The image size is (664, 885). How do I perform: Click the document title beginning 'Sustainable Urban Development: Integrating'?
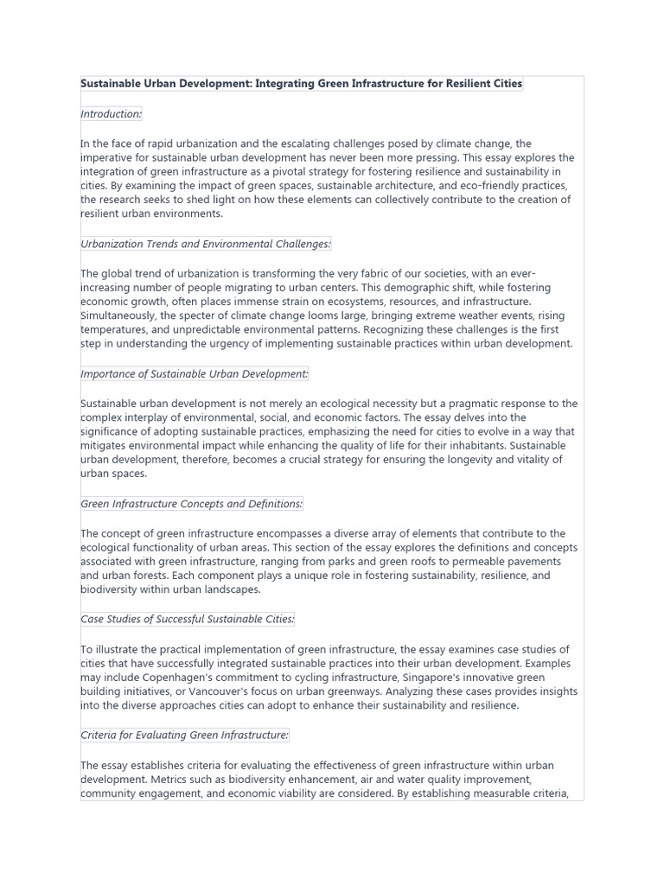pos(302,85)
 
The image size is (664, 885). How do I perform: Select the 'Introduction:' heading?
pos(112,114)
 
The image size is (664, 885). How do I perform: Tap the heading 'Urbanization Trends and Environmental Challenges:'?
pos(206,245)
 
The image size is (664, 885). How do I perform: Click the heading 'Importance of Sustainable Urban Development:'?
pos(195,374)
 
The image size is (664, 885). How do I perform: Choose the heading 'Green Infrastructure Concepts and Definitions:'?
pos(192,504)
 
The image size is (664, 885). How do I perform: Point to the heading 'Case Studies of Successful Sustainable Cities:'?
pos(188,620)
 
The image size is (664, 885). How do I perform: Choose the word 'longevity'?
pos(467,460)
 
